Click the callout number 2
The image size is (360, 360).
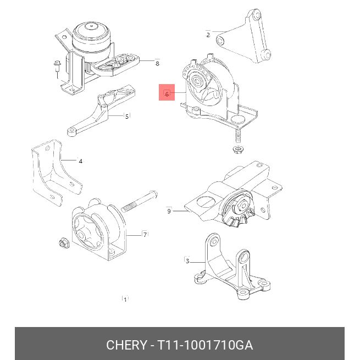click(208, 35)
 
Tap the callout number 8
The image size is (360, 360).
click(157, 63)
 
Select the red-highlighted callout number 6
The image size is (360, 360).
click(167, 94)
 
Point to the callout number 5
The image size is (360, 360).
click(127, 117)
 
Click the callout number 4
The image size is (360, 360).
click(80, 162)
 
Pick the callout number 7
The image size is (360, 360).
click(145, 235)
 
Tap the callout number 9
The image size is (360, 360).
click(169, 211)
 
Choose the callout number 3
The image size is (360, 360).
click(187, 261)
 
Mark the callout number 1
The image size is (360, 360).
click(125, 300)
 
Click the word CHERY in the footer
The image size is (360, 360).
click(126, 345)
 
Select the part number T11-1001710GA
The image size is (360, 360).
click(205, 345)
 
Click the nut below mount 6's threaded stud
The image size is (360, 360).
click(237, 149)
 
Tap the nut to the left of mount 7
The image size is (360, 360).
click(64, 243)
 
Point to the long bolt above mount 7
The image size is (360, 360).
click(140, 201)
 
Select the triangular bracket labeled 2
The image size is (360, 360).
click(243, 37)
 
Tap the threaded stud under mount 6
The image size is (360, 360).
click(238, 137)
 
